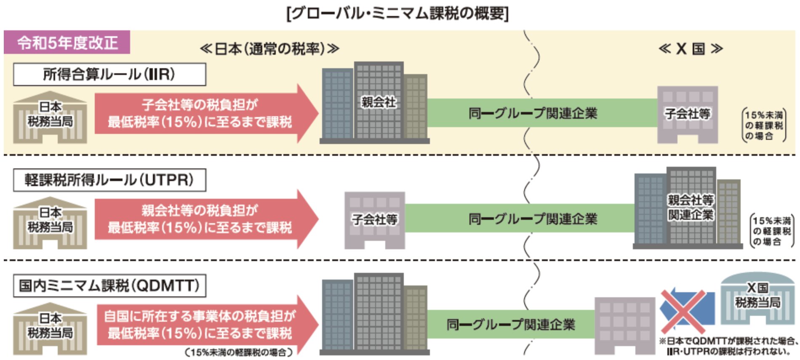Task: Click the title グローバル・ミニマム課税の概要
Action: pos(397,13)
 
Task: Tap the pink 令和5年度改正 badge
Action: pos(67,43)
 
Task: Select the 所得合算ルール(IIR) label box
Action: pos(109,75)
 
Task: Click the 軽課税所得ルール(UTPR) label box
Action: pos(109,180)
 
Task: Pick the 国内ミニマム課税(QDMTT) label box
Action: pos(109,286)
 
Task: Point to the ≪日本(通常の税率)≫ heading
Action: pos(269,49)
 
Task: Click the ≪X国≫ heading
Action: pos(691,49)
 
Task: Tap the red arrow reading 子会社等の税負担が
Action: pos(202,113)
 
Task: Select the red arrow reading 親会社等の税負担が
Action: pos(202,219)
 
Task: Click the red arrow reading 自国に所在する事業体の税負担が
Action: pos(202,325)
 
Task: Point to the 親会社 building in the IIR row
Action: pos(375,103)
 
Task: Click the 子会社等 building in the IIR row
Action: pos(688,115)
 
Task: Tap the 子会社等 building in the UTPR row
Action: pos(375,220)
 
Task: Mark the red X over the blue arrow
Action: pos(683,311)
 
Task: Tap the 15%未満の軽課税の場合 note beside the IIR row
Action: pos(764,125)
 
